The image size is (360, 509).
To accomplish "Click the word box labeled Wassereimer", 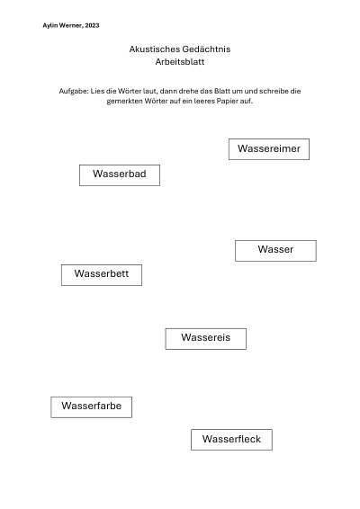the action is [x=269, y=149].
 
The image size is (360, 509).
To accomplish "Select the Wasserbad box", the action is [x=120, y=175].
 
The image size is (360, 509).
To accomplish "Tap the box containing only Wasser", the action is [x=275, y=251].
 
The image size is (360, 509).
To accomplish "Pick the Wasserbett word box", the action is [x=102, y=275].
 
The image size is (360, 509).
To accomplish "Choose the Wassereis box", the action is [x=206, y=339].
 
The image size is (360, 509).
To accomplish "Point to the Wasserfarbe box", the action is [x=91, y=407].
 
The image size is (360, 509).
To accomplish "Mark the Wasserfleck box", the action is [x=231, y=440].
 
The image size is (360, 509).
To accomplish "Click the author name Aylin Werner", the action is [x=63, y=26].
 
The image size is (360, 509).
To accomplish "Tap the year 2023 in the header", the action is [x=93, y=26].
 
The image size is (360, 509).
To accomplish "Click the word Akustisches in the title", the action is [x=154, y=49].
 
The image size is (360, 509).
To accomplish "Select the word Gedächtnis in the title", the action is [x=206, y=49].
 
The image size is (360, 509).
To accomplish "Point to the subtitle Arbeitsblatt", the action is [x=180, y=62].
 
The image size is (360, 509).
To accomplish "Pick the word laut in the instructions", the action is [x=149, y=91].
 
